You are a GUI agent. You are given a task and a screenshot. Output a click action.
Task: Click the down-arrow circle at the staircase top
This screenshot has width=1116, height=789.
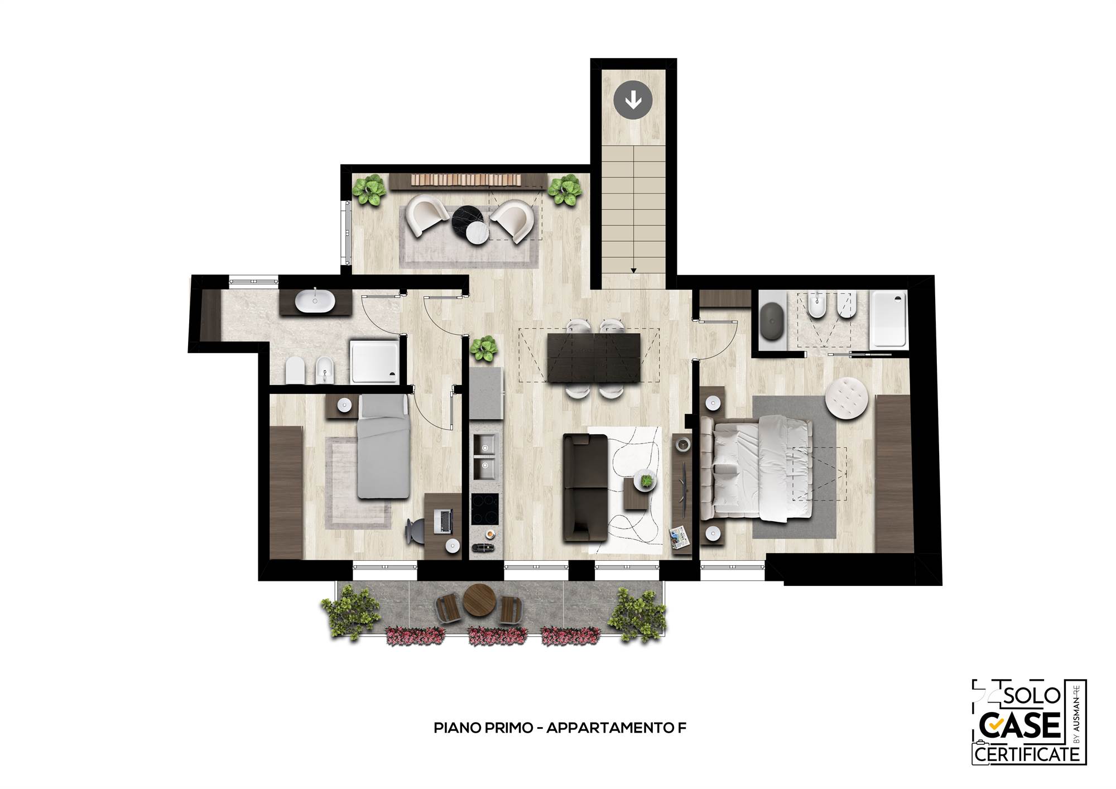pos(633,100)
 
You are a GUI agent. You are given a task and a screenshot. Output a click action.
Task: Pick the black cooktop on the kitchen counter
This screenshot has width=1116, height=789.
pos(485,509)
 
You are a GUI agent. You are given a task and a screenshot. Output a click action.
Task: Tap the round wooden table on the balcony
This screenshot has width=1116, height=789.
pos(477,600)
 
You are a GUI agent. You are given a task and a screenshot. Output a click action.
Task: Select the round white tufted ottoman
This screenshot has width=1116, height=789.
pos(846,398)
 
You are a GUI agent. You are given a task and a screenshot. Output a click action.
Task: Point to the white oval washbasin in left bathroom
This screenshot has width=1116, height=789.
pos(315,302)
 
